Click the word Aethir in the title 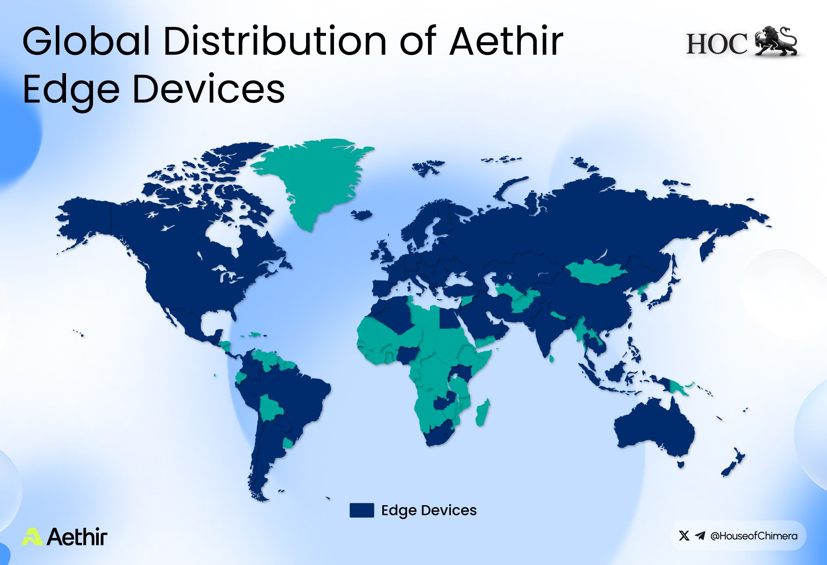(506, 41)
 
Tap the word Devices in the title (208, 89)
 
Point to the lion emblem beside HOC (776, 41)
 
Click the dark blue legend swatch (361, 510)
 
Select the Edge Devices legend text (429, 510)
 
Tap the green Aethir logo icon (32, 536)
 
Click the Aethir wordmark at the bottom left (77, 536)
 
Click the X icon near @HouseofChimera (684, 536)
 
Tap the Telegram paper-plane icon (700, 536)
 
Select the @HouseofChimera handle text (753, 536)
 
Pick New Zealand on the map (734, 463)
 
